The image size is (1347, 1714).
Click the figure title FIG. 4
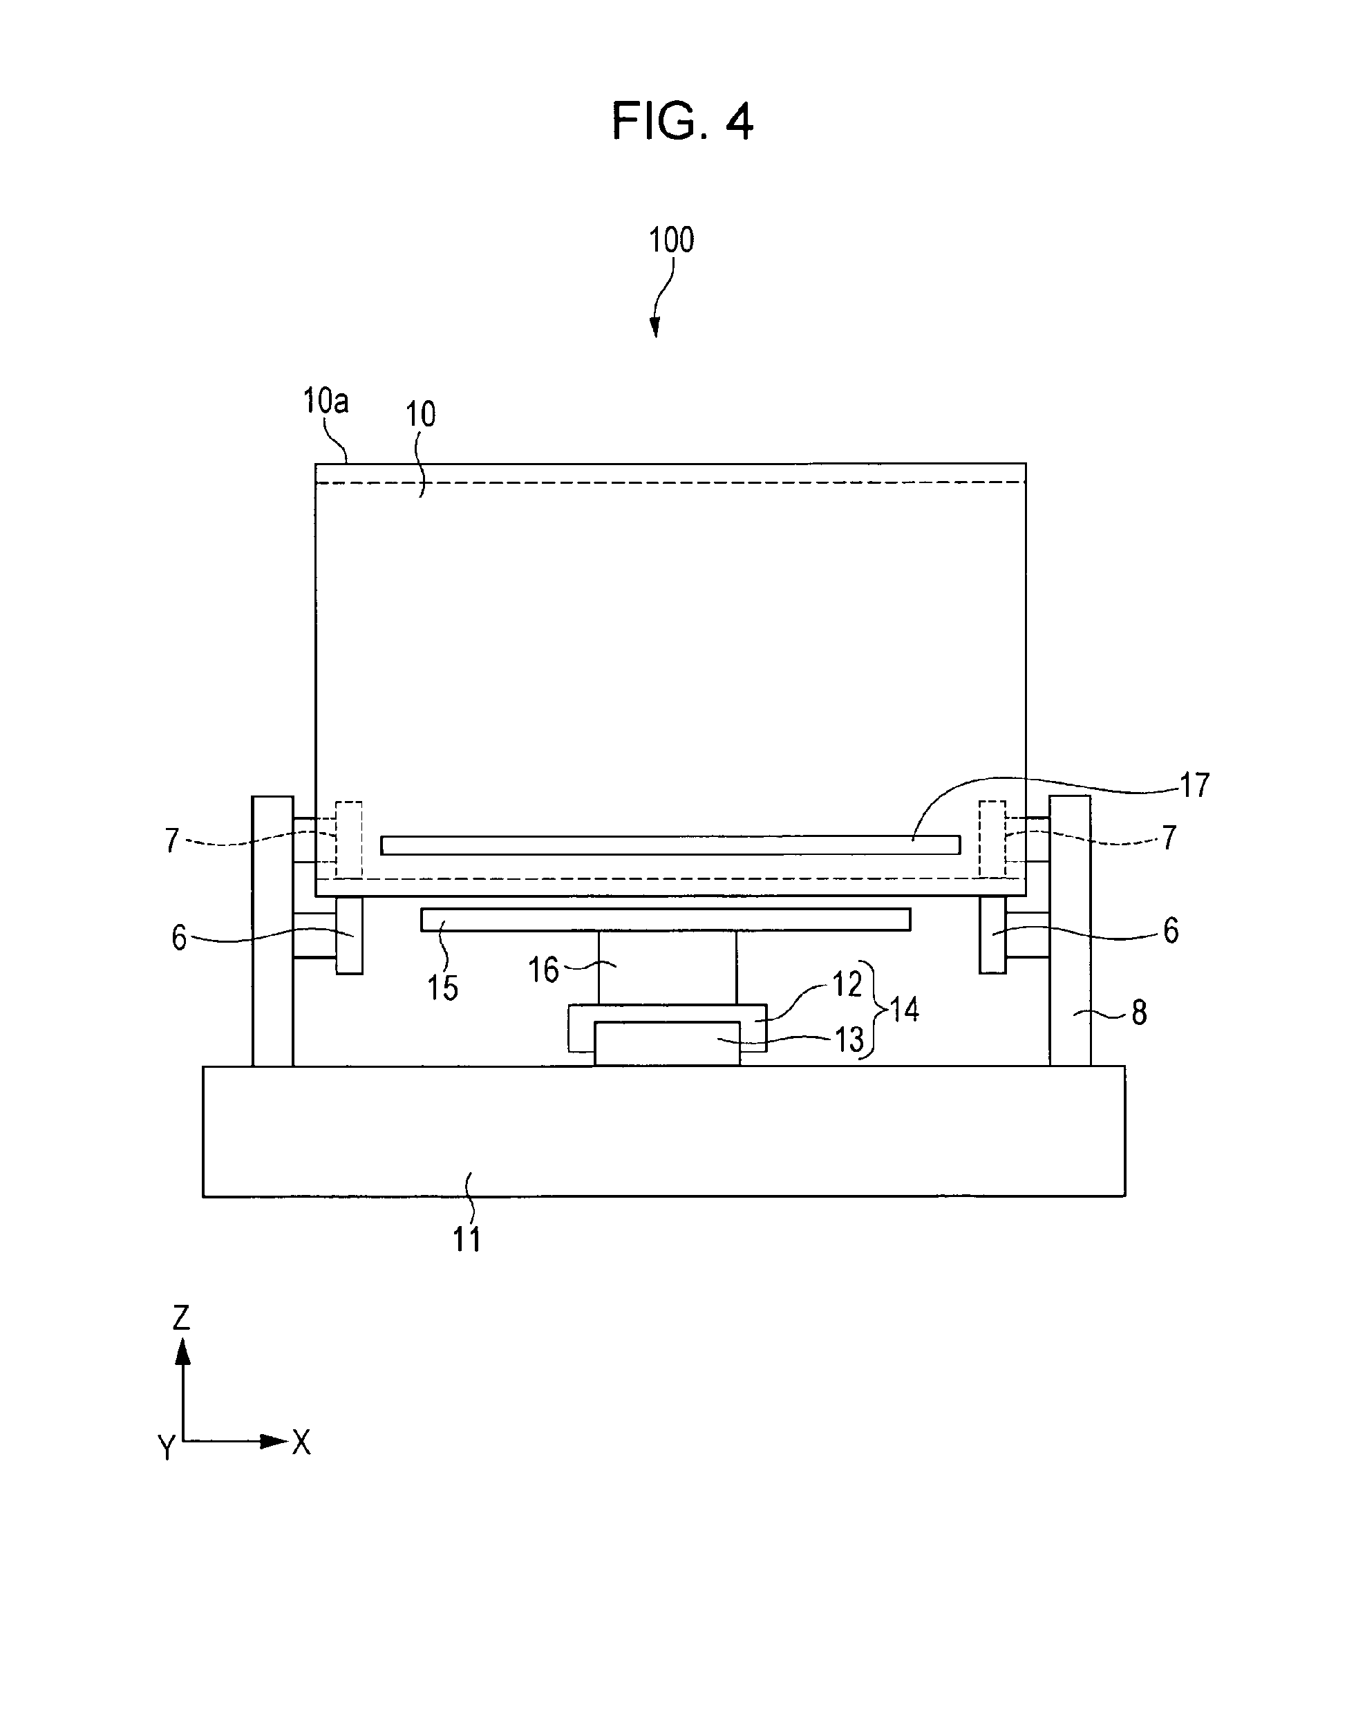point(682,122)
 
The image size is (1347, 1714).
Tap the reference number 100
point(671,240)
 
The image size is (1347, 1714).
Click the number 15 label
point(442,988)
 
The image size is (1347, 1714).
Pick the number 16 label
point(543,970)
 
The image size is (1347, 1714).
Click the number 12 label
point(848,984)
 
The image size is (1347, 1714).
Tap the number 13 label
point(849,1040)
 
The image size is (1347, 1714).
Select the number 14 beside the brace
point(905,1010)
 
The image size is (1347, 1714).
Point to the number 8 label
point(1139,1013)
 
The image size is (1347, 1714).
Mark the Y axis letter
point(167,1447)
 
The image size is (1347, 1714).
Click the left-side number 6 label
point(179,939)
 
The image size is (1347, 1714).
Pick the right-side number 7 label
point(1169,837)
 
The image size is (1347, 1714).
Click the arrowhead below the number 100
point(654,328)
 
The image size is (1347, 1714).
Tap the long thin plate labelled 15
point(666,920)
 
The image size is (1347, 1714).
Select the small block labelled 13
point(667,1044)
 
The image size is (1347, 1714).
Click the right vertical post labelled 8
point(1070,931)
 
